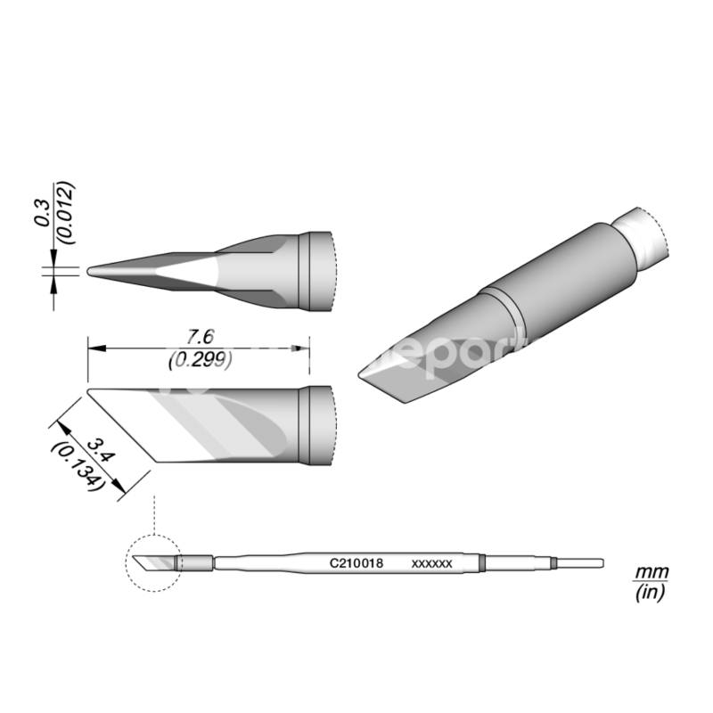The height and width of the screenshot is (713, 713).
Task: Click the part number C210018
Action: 356,563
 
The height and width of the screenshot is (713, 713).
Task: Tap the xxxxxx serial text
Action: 433,564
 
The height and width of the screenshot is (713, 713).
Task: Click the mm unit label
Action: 651,571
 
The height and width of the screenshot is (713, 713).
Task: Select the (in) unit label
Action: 651,592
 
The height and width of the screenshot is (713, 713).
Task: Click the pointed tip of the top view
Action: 91,270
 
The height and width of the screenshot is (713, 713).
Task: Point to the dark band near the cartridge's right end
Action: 482,563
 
